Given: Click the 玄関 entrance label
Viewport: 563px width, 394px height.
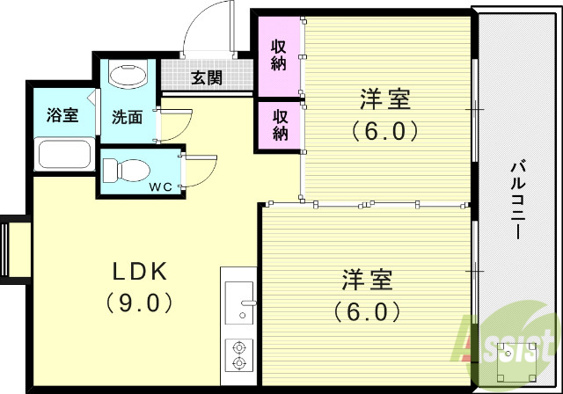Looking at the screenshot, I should tap(207, 77).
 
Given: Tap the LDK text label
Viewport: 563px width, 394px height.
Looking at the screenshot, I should tap(138, 270).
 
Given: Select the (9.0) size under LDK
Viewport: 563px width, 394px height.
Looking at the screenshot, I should tap(138, 303).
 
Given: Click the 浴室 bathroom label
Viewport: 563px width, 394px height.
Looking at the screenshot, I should tap(62, 114).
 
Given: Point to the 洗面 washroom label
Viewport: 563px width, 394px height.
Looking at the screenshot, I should tap(127, 116).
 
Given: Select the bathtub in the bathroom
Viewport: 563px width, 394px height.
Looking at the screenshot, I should tap(63, 156).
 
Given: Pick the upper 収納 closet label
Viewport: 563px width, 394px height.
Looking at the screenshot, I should tap(280, 54).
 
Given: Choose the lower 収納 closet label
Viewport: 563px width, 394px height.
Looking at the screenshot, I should tap(280, 124).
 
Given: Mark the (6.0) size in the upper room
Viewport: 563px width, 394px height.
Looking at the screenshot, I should tap(384, 131).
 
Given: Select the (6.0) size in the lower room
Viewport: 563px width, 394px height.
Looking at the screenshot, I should tap(368, 311).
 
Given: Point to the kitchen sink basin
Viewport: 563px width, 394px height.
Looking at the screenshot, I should tap(238, 298).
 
